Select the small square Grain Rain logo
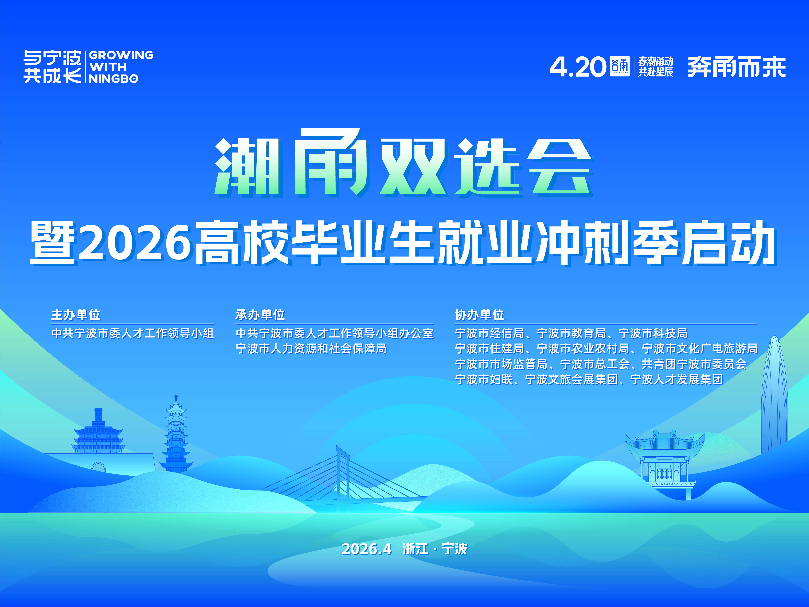620,66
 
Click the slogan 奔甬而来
737,67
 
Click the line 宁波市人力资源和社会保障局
311,349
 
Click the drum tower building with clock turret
98,432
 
